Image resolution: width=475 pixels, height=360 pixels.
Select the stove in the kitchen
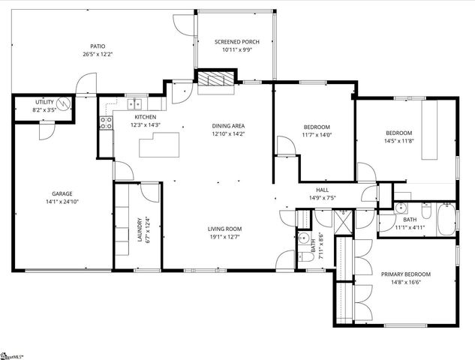[105, 123]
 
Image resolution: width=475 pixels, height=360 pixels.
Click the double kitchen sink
[136, 104]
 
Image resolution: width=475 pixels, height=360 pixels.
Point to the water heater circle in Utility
[65, 103]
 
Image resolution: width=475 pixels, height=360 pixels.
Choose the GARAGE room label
[62, 193]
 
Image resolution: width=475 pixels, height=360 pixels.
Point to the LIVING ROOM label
[225, 229]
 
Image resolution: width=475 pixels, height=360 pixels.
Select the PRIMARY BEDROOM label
[404, 274]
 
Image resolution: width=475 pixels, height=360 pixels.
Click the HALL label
[323, 190]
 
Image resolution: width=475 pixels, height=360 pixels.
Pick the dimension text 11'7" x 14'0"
[317, 135]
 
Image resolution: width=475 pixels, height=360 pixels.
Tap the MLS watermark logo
[11, 353]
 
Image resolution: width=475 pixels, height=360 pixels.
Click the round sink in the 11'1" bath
[401, 209]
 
